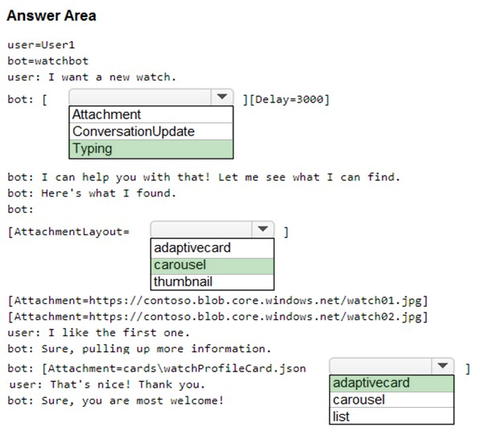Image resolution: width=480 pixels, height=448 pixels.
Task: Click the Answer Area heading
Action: point(52,15)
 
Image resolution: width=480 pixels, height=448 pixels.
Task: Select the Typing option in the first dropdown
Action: point(151,149)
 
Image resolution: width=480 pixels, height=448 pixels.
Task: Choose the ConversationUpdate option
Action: point(151,131)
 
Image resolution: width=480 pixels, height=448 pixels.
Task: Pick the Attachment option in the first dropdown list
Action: point(151,114)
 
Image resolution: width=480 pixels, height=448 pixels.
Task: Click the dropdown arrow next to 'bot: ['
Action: point(222,97)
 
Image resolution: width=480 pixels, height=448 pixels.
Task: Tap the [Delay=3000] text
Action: point(289,100)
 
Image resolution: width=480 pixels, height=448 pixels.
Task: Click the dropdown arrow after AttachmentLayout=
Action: point(263,229)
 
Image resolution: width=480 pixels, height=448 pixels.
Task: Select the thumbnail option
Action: point(212,282)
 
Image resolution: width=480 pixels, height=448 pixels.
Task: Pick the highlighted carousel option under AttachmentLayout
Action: point(212,265)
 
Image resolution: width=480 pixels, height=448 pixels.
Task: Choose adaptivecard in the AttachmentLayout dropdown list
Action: point(212,248)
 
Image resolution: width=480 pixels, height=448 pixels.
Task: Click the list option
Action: point(391,417)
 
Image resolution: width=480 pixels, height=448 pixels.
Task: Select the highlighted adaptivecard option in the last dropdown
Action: point(391,383)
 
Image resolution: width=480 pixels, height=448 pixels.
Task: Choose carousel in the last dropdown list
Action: point(391,400)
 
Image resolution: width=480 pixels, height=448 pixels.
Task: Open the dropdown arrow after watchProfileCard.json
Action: point(443,366)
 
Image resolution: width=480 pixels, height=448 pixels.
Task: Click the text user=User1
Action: point(41,45)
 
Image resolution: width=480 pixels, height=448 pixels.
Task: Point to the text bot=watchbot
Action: point(48,61)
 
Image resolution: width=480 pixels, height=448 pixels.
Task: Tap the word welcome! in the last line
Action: point(197,400)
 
